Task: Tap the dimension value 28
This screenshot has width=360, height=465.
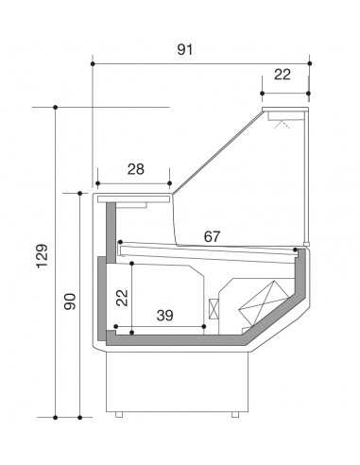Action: click(135, 168)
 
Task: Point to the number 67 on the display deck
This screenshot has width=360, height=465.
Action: click(212, 236)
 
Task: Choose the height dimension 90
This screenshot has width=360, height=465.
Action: click(68, 302)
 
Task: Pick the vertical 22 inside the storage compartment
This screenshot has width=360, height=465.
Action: click(120, 297)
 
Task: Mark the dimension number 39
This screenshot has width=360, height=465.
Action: click(164, 315)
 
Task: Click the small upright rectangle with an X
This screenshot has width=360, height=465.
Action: click(214, 310)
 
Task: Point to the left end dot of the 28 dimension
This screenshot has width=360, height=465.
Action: click(96, 183)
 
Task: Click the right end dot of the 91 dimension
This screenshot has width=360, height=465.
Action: click(309, 63)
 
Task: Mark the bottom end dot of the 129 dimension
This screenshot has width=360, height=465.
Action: click(56, 416)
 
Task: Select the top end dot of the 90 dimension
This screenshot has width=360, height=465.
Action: click(79, 192)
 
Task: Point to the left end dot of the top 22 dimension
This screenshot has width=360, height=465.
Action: click(262, 93)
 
